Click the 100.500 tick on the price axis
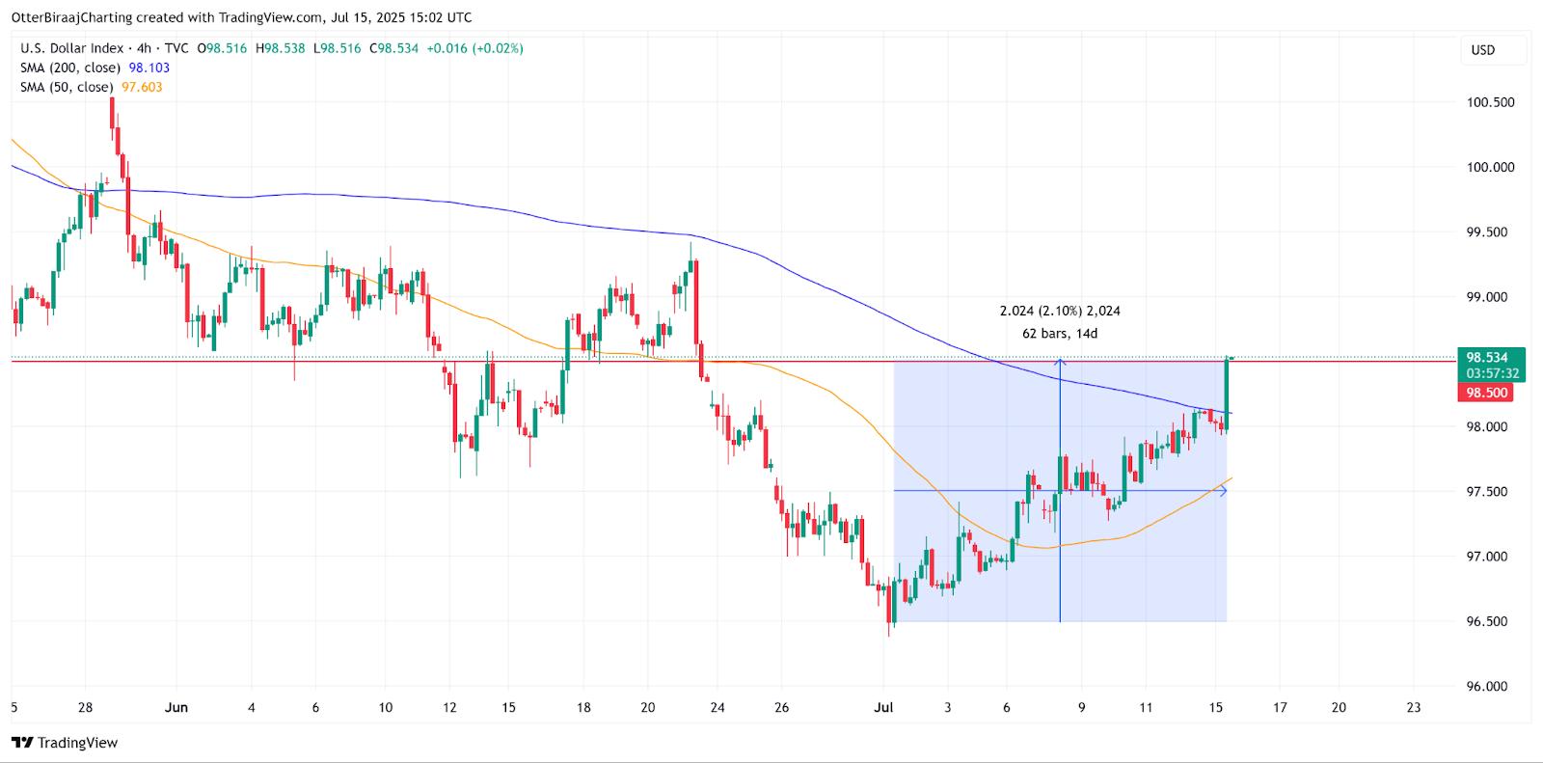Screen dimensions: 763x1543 [x=1490, y=102]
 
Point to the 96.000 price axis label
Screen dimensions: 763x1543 [x=1490, y=687]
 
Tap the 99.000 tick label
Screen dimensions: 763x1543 [x=1490, y=297]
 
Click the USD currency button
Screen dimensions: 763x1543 [x=1482, y=50]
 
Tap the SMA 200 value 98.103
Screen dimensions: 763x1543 [x=149, y=68]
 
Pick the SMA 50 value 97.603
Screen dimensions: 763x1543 [x=142, y=87]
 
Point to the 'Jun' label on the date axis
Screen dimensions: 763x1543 [x=176, y=707]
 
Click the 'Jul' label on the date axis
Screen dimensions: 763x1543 [x=883, y=707]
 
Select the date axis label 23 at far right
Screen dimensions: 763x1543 [x=1414, y=707]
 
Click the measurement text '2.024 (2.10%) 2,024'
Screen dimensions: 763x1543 [x=1059, y=311]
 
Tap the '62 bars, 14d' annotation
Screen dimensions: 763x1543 [x=1059, y=334]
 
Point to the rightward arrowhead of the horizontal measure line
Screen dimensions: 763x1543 [x=1224, y=491]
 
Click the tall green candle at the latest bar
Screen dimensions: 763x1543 [x=1227, y=391]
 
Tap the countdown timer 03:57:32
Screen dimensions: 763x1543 [x=1492, y=373]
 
